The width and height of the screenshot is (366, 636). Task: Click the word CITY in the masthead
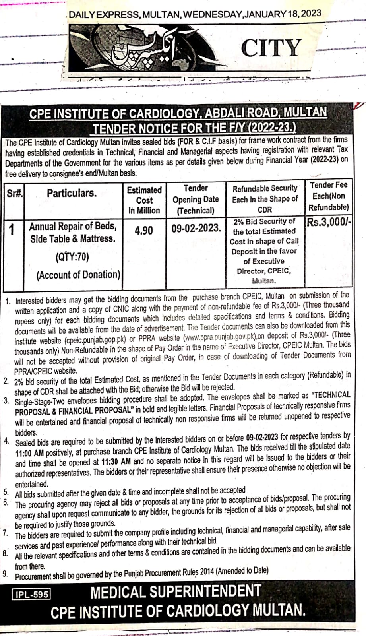(271, 48)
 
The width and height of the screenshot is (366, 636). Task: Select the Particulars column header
(72, 193)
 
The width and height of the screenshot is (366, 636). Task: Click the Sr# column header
(14, 193)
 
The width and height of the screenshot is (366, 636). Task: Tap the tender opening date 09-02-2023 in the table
(196, 228)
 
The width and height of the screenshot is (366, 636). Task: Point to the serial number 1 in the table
(12, 229)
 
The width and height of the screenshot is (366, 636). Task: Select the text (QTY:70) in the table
(72, 257)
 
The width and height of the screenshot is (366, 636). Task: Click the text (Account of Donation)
(78, 275)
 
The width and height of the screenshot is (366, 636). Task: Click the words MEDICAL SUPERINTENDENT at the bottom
(176, 592)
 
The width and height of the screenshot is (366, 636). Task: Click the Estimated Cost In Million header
(144, 200)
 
